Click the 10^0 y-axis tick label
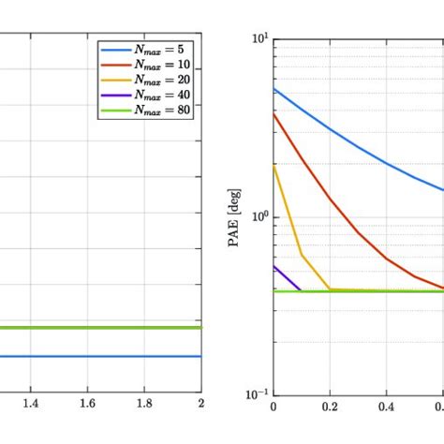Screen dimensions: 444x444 (x=257, y=216)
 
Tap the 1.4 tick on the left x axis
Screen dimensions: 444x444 (x=30, y=406)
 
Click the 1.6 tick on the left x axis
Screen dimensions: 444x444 (x=87, y=406)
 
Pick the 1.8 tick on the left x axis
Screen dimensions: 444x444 (x=144, y=406)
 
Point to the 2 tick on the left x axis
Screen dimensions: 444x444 (x=200, y=406)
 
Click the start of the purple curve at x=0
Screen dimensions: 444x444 (x=274, y=267)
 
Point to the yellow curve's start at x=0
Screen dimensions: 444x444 (x=274, y=167)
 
